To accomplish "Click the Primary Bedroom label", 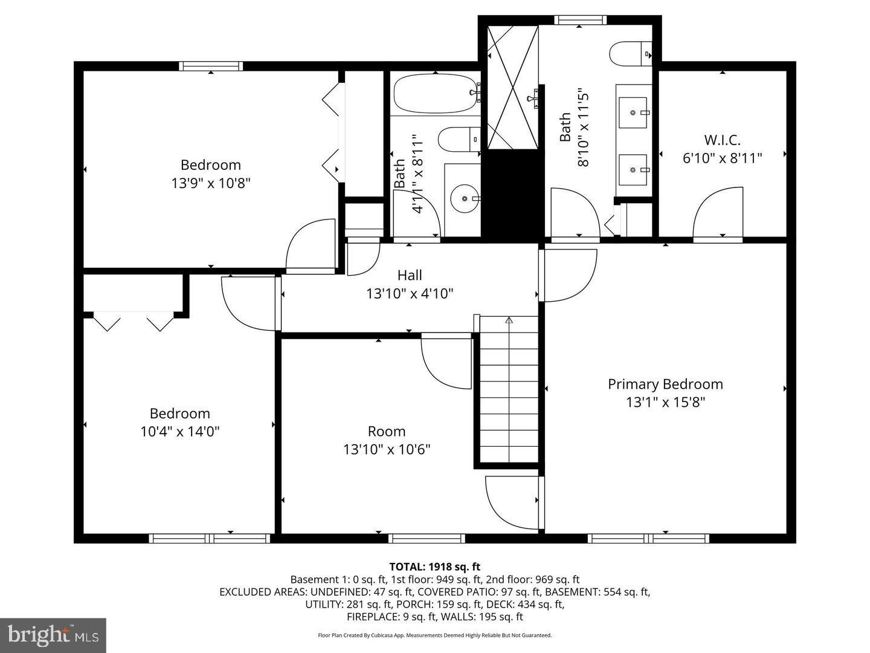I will pyautogui.click(x=665, y=384).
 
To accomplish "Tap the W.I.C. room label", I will pyautogui.click(x=722, y=140).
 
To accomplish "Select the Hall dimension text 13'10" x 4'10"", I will pyautogui.click(x=410, y=294).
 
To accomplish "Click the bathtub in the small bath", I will pyautogui.click(x=435, y=94).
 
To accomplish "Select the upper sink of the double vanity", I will pyautogui.click(x=633, y=112).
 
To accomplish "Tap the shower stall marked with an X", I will pyautogui.click(x=512, y=87).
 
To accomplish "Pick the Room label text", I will pyautogui.click(x=387, y=431).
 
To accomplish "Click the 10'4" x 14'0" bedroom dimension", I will pyautogui.click(x=179, y=432).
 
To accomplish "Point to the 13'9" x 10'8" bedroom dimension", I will pyautogui.click(x=211, y=183).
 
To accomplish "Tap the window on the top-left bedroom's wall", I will pyautogui.click(x=211, y=66).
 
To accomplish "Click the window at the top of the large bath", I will pyautogui.click(x=580, y=20).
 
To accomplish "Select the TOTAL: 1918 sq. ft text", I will pyautogui.click(x=434, y=567).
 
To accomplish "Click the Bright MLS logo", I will pyautogui.click(x=53, y=635).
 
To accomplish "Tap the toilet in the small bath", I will pyautogui.click(x=458, y=140).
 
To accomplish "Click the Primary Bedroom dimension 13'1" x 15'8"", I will pyautogui.click(x=665, y=402).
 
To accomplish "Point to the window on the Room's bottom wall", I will pyautogui.click(x=427, y=538).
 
